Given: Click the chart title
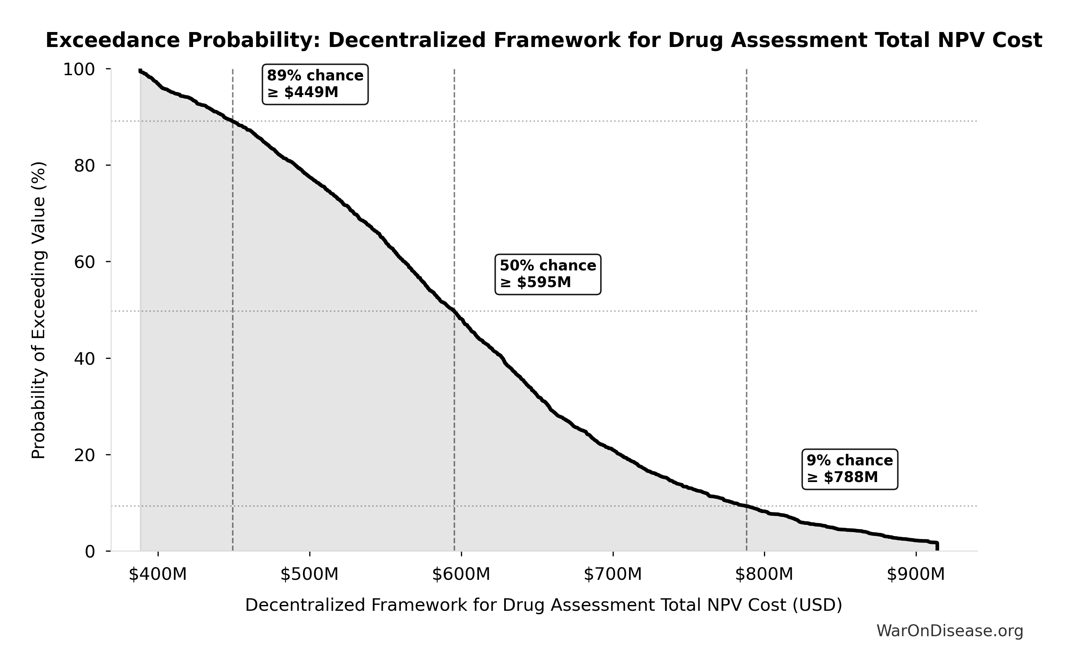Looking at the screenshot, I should (x=543, y=40).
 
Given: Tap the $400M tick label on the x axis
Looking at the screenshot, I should (x=158, y=574).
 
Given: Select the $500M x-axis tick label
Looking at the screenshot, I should (x=310, y=574).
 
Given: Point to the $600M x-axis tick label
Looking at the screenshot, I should (x=461, y=574).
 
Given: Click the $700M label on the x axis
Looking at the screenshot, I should (x=613, y=574).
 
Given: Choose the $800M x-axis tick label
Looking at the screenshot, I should (x=764, y=574).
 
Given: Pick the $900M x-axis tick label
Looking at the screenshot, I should (x=916, y=574).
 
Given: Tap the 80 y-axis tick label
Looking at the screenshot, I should (x=84, y=166).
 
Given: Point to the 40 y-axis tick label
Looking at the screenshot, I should (x=84, y=358).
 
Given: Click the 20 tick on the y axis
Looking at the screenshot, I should (x=84, y=455).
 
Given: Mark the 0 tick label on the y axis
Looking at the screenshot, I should (x=90, y=551).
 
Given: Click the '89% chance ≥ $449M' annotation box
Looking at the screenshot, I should (x=315, y=84).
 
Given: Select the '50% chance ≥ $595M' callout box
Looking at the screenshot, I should (x=548, y=274).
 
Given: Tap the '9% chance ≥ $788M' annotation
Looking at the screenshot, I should (x=850, y=469).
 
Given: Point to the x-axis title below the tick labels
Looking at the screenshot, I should (x=543, y=605).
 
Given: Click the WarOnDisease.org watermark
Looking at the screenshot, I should (x=950, y=631).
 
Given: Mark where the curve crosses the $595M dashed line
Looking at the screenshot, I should (x=454, y=312).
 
